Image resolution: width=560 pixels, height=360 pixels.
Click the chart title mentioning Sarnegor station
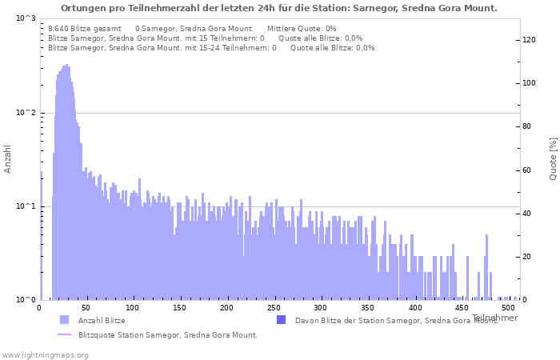click(278, 8)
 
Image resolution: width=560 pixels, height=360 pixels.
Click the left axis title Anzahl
click(8, 158)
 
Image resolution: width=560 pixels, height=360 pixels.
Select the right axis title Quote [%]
click(553, 158)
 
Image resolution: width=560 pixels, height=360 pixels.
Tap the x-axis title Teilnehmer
click(494, 318)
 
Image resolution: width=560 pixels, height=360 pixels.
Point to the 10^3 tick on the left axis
click(26, 18)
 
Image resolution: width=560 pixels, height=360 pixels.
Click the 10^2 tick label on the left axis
click(26, 113)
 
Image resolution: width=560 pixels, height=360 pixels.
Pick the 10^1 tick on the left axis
click(26, 206)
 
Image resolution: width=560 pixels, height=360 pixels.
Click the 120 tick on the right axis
click(529, 40)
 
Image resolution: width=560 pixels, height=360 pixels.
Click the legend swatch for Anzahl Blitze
click(64, 320)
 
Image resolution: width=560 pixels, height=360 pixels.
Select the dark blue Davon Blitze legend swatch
click(281, 320)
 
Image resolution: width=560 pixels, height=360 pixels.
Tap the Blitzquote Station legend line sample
click(64, 334)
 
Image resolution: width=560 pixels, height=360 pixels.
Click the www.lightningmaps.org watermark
click(45, 354)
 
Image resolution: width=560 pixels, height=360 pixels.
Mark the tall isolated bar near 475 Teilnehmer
click(486, 267)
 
